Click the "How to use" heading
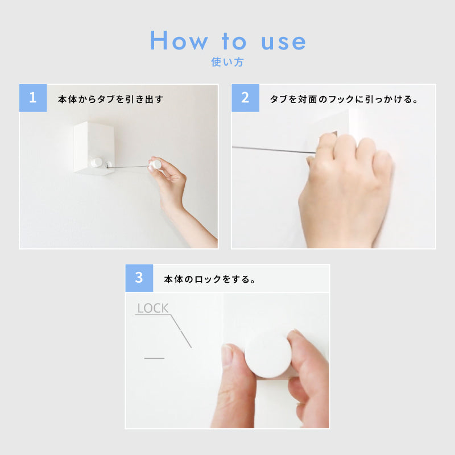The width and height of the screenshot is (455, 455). pyautogui.click(x=228, y=40)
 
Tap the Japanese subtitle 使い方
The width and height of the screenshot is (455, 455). pyautogui.click(x=227, y=62)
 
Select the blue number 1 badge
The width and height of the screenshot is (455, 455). pyautogui.click(x=33, y=98)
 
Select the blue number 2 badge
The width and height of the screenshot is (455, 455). pyautogui.click(x=245, y=98)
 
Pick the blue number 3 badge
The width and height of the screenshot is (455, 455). pyautogui.click(x=139, y=278)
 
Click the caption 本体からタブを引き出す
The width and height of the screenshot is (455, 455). pyautogui.click(x=110, y=99)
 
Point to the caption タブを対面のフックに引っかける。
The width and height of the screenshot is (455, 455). pyautogui.click(x=344, y=99)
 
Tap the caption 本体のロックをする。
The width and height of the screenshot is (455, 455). pyautogui.click(x=209, y=279)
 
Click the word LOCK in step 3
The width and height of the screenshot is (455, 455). pyautogui.click(x=152, y=308)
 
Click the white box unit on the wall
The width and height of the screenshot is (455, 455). pyautogui.click(x=93, y=148)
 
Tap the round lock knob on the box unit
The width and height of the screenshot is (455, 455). pyautogui.click(x=96, y=163)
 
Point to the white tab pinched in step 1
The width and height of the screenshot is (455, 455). pyautogui.click(x=156, y=165)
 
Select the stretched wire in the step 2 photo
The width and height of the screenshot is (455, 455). pyautogui.click(x=274, y=150)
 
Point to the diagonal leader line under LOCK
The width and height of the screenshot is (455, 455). pyautogui.click(x=181, y=331)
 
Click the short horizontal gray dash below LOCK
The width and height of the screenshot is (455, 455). pyautogui.click(x=154, y=358)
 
